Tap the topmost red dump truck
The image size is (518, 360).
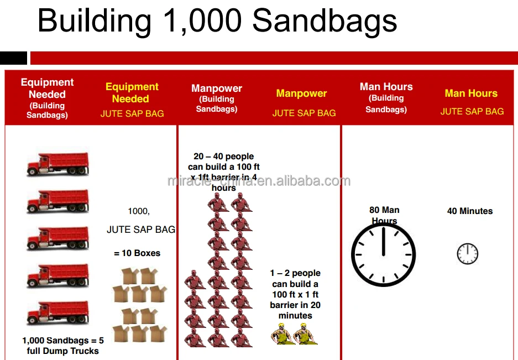click(57, 164)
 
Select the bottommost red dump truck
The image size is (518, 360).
click(57, 312)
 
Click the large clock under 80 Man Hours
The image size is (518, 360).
click(383, 255)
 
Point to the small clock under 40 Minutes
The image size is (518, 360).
click(467, 254)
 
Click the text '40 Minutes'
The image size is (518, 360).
click(469, 211)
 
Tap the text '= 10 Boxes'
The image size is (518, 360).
click(137, 253)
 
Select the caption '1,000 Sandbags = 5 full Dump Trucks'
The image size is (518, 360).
click(63, 346)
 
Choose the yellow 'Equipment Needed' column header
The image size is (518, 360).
click(132, 92)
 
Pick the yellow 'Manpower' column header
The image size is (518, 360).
click(301, 93)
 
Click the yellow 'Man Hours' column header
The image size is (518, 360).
click(471, 93)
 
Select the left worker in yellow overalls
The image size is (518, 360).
click(281, 334)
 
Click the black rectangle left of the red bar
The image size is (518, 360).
click(13, 58)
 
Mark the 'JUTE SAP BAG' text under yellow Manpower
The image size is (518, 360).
click(304, 113)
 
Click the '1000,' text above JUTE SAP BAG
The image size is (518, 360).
click(139, 211)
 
